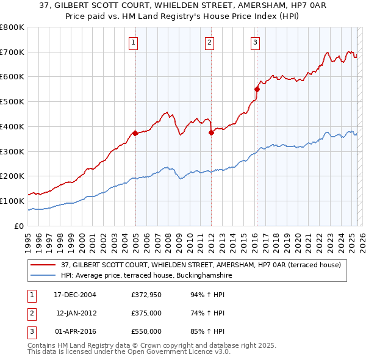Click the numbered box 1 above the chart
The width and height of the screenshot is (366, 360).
point(133,42)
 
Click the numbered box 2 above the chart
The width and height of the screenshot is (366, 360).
point(209,42)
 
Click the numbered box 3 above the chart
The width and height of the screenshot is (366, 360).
point(255,42)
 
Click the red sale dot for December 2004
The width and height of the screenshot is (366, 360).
point(135,133)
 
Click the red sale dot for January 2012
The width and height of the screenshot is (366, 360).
point(211,132)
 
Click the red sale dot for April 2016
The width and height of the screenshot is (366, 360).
point(257,89)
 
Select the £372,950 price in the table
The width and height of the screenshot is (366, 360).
point(146,295)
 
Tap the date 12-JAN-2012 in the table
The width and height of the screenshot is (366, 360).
point(76,313)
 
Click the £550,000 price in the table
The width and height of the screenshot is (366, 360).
point(146,331)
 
